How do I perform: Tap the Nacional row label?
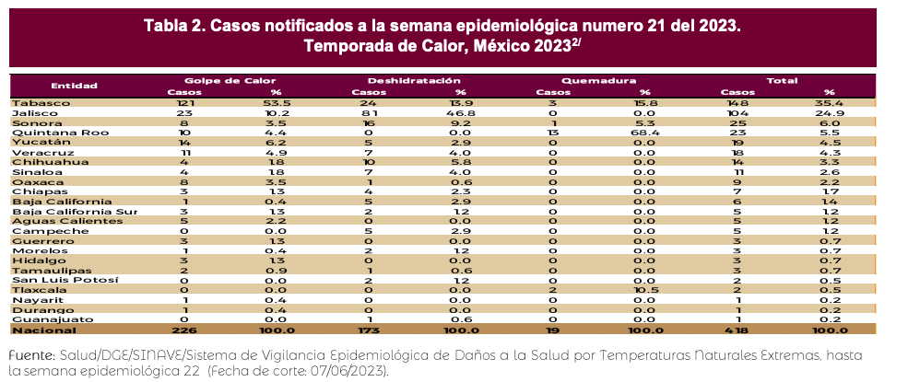[37, 330]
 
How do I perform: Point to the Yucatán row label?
[31, 143]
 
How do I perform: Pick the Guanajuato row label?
[41, 319]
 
